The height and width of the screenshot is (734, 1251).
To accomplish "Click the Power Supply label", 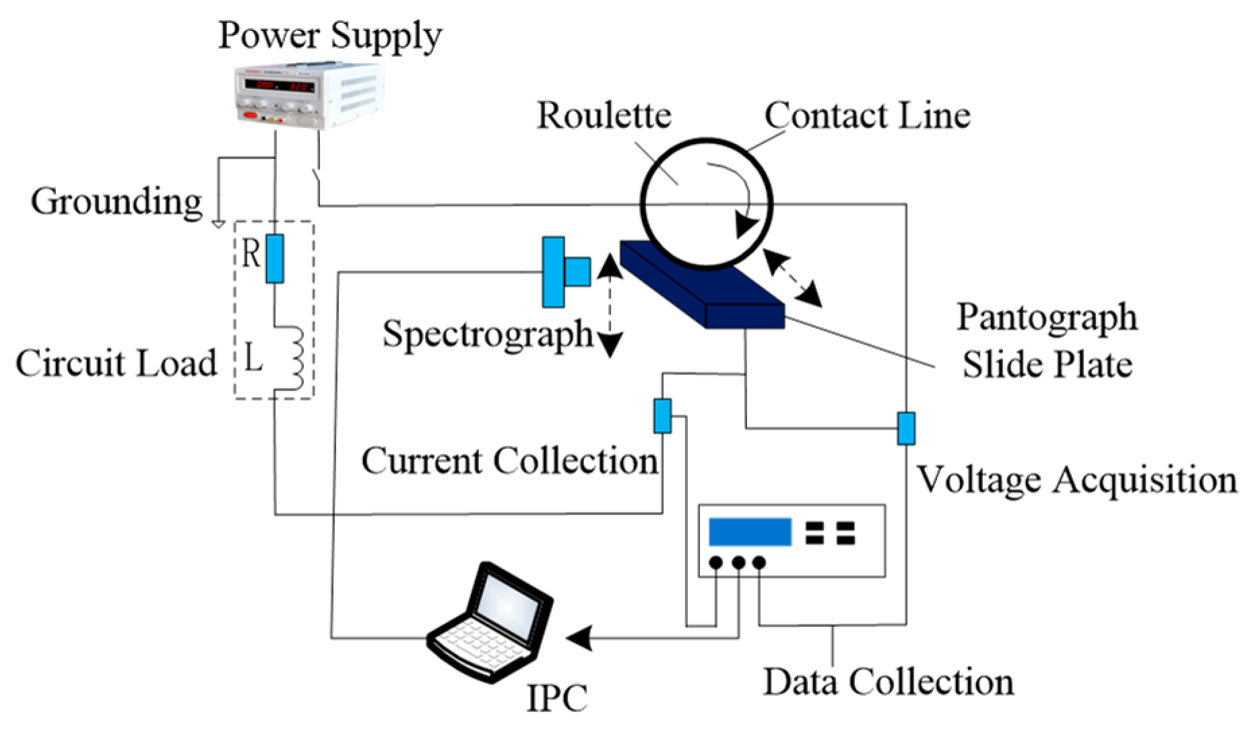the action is [330, 36].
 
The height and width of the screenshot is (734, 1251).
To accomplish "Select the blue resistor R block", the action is [275, 259].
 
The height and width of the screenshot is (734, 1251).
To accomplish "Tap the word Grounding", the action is [117, 202].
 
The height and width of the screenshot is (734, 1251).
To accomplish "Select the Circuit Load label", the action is [117, 363].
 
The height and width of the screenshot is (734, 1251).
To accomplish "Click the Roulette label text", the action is [604, 115].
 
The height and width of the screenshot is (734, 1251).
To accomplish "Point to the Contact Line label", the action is [868, 115].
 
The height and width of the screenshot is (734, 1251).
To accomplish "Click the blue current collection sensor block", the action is [663, 415].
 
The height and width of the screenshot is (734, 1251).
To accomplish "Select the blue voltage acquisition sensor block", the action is [906, 429].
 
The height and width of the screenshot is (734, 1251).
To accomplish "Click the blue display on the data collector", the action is [750, 532].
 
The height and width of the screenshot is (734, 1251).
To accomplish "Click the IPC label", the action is [557, 698].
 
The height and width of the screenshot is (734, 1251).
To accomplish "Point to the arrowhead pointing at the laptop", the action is [579, 638].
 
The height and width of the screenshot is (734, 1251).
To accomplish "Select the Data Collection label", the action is [889, 682].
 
